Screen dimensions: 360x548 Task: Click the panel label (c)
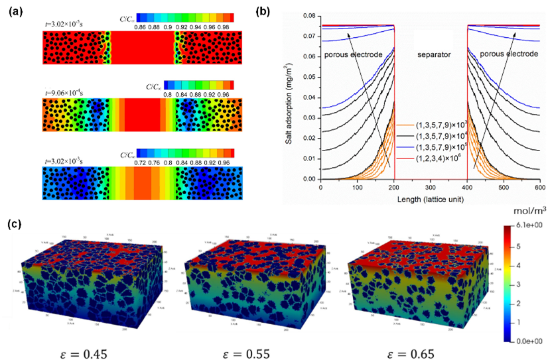pyautogui.click(x=15, y=223)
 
